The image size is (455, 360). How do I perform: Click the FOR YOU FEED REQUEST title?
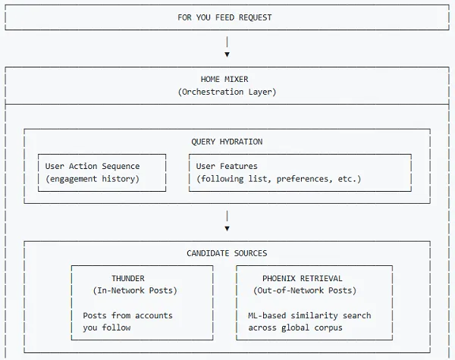click(x=224, y=17)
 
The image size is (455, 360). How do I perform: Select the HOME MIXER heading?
click(x=224, y=79)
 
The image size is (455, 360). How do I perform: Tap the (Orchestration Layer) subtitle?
click(x=227, y=92)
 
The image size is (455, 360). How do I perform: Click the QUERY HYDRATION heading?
click(x=227, y=142)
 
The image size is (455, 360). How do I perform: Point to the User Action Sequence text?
click(x=93, y=166)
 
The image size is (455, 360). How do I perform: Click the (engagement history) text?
click(x=93, y=179)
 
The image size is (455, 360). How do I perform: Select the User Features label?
click(x=227, y=166)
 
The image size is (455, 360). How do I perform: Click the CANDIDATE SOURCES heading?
click(x=227, y=253)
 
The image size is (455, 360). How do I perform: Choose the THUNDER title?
click(x=127, y=278)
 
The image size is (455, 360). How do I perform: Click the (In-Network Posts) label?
click(x=134, y=290)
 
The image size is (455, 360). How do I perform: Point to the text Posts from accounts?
click(x=127, y=315)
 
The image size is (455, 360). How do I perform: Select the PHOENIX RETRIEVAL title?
click(x=303, y=278)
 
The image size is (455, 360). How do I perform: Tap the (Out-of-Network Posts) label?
click(x=305, y=290)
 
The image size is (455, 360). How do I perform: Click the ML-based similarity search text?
click(x=309, y=315)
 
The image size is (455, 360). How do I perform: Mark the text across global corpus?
click(x=296, y=327)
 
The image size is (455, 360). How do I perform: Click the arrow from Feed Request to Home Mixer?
click(x=227, y=49)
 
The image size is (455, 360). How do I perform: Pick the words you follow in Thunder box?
click(x=107, y=327)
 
